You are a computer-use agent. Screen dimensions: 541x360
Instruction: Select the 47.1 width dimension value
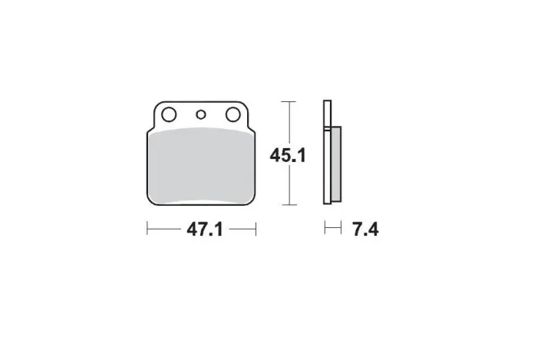pos(205,230)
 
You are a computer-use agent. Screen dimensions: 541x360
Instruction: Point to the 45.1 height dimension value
pos(288,155)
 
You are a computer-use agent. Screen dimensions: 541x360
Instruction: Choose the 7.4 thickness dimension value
pos(365,230)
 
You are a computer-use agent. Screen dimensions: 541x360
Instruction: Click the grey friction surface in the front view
pos(201,166)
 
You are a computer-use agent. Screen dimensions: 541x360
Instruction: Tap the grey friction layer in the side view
pos(336,164)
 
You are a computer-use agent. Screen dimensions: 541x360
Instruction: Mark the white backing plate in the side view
pos(327,152)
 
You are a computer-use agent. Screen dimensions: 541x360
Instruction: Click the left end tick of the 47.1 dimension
pos(147,229)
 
